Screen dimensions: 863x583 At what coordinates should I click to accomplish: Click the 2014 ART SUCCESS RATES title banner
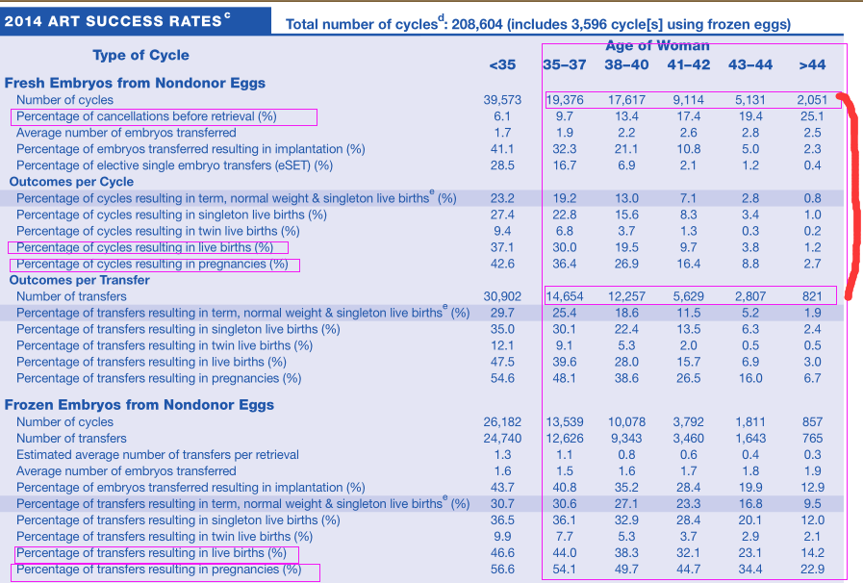click(136, 21)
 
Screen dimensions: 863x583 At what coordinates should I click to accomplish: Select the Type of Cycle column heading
click(140, 55)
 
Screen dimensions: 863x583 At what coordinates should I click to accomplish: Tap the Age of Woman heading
click(657, 45)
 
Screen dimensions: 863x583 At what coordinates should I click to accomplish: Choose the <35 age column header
click(502, 65)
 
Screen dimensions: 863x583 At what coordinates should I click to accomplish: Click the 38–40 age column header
click(626, 65)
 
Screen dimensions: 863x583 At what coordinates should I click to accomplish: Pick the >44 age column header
click(812, 65)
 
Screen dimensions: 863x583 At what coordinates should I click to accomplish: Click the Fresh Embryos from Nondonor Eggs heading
click(135, 83)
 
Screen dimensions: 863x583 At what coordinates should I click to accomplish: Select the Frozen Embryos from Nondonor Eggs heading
click(140, 405)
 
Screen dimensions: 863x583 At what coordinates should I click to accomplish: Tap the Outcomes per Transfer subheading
click(79, 280)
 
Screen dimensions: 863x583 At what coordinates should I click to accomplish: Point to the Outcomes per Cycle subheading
click(71, 182)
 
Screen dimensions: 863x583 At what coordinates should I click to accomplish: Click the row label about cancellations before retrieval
click(146, 116)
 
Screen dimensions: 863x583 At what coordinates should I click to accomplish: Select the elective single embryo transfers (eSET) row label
click(174, 165)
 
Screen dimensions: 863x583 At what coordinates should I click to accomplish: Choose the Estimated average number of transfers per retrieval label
click(158, 455)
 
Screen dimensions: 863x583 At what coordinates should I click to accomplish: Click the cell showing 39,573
click(502, 100)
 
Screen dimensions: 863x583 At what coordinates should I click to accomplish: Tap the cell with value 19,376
click(565, 100)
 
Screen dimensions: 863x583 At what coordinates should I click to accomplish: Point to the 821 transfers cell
click(812, 296)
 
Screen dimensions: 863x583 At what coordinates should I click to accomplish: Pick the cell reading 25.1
click(812, 116)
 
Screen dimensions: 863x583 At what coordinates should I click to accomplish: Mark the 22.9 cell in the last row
click(812, 570)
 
